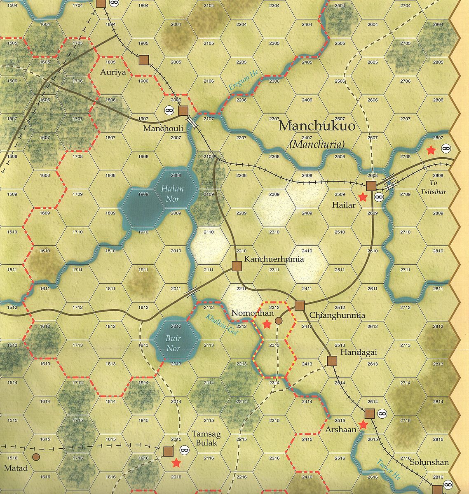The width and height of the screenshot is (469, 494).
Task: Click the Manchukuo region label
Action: point(317,126)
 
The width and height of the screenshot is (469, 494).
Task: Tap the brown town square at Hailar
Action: point(371,186)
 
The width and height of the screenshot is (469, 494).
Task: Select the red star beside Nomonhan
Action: point(267,324)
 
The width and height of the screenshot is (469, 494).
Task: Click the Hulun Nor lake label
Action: point(172,194)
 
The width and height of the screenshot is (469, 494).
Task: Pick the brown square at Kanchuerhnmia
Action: point(237,266)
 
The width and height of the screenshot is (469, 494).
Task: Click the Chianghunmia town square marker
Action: point(300,305)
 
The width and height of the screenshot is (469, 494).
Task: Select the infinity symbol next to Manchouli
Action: point(169,110)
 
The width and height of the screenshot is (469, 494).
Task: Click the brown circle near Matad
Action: point(36,457)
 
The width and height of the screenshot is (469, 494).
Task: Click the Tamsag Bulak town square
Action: point(168,451)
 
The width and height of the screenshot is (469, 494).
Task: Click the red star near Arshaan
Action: point(363,425)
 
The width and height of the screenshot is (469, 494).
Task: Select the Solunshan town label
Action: point(429,462)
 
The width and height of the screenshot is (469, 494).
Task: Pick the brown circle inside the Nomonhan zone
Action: point(279,321)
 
